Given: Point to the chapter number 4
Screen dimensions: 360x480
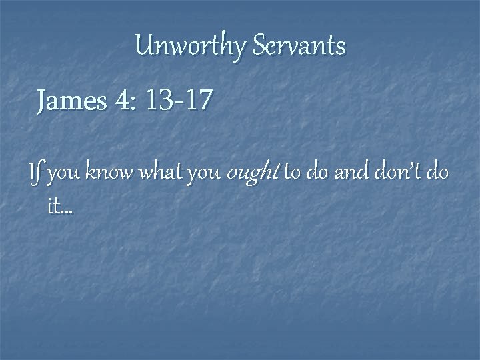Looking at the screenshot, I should tap(122, 101).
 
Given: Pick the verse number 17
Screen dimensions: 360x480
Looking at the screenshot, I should tap(198, 101).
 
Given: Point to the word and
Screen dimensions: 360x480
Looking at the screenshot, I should tap(347, 174).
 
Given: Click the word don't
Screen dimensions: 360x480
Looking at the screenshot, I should tap(393, 174).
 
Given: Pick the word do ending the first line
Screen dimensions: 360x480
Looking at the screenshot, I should tap(437, 174).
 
